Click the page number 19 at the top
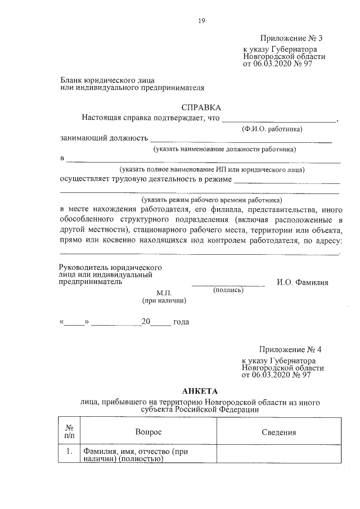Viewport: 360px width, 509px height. click(201, 21)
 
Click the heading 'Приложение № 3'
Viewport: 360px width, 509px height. click(292, 38)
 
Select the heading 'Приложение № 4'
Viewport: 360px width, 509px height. click(291, 349)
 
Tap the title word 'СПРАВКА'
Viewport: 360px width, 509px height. click(201, 107)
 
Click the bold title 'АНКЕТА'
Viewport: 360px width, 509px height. click(199, 391)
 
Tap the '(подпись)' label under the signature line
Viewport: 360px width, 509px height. click(228, 290)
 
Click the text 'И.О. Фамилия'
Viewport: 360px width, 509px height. click(303, 282)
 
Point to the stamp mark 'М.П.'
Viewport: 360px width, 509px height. click(164, 294)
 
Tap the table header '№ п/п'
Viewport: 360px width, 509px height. click(69, 431)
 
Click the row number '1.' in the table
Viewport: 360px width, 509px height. click(69, 451)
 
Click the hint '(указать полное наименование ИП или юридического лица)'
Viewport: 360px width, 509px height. click(211, 169)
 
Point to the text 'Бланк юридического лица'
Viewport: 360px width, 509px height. click(107, 80)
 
